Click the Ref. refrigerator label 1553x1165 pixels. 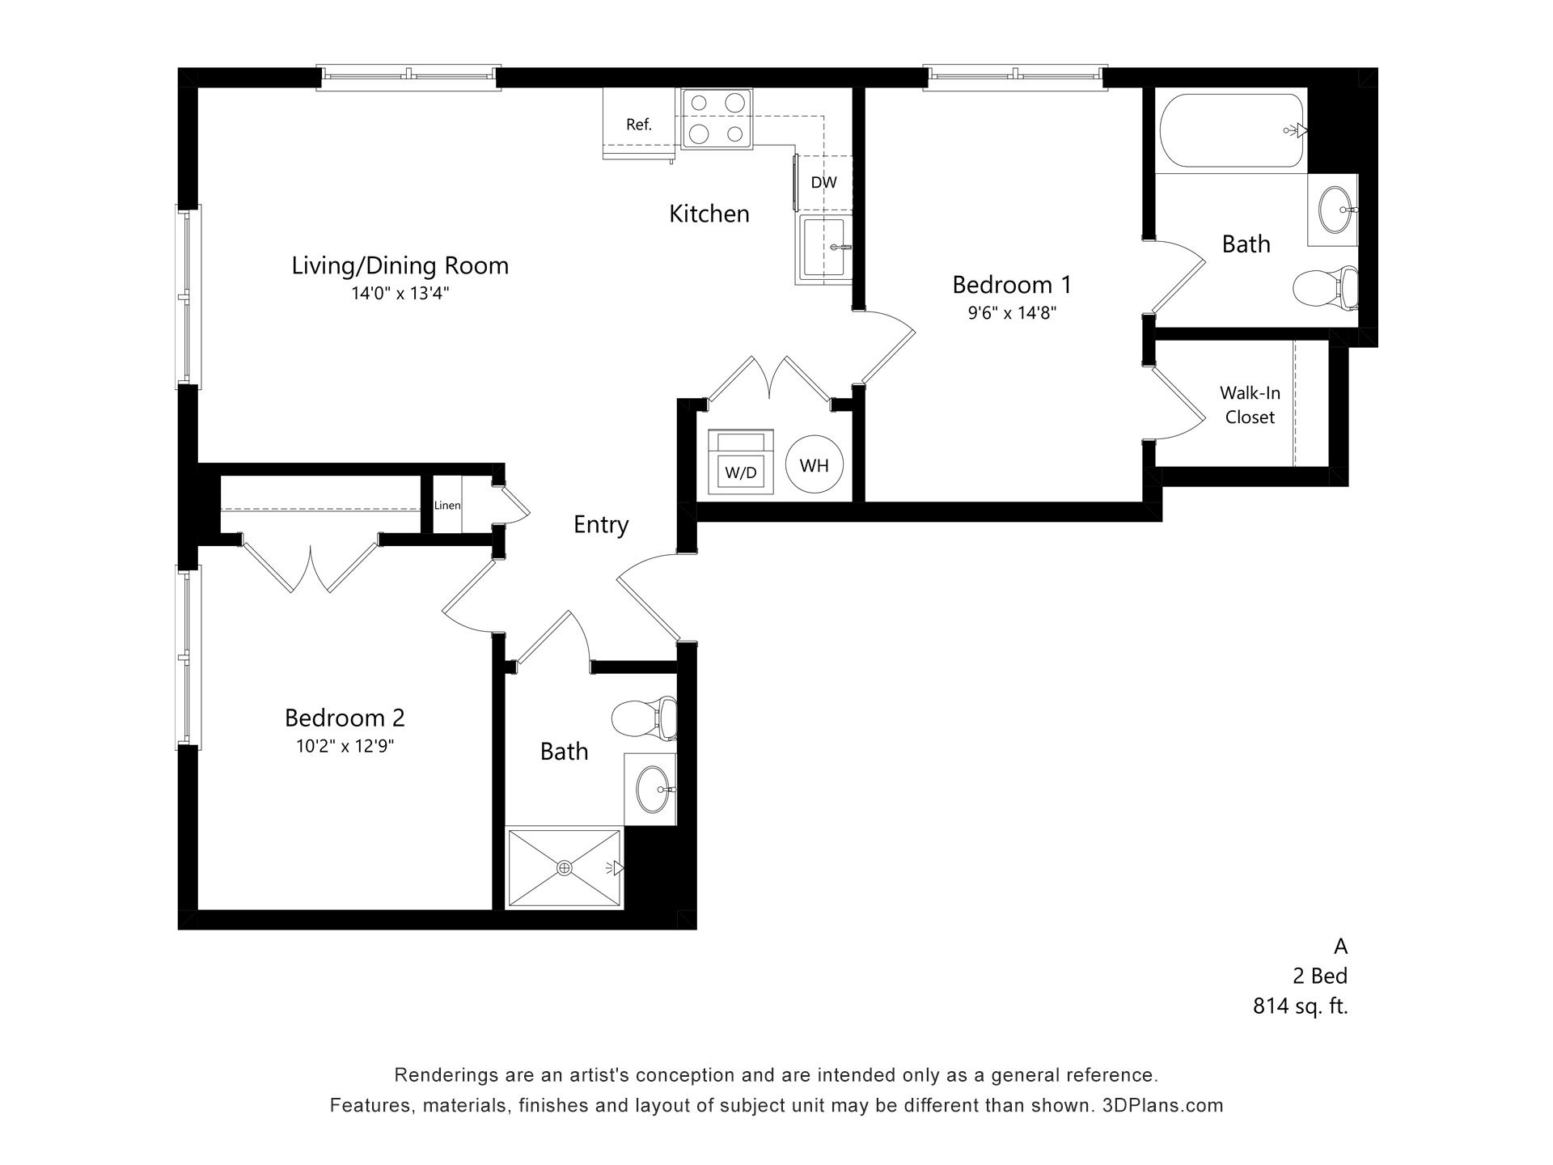(x=639, y=125)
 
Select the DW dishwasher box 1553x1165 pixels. (x=823, y=182)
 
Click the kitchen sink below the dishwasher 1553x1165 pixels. (x=824, y=248)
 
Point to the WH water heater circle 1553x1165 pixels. (x=815, y=465)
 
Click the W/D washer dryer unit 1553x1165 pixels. (x=741, y=463)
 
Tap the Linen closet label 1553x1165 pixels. (x=447, y=506)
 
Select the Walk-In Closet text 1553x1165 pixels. (x=1250, y=405)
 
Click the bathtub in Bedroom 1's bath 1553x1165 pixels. (x=1231, y=130)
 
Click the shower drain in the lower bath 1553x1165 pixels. (x=565, y=868)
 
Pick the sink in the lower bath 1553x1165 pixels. (x=654, y=789)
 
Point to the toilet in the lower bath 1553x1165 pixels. (x=644, y=718)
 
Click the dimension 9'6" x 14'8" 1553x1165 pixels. (x=1012, y=313)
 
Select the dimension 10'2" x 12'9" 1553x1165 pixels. (x=345, y=746)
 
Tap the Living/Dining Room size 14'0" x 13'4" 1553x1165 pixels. (x=400, y=294)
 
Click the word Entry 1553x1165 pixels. (x=601, y=525)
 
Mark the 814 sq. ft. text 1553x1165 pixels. (x=1300, y=1006)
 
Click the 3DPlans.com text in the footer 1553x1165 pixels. (x=1162, y=1105)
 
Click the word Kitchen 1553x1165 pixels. (x=709, y=214)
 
